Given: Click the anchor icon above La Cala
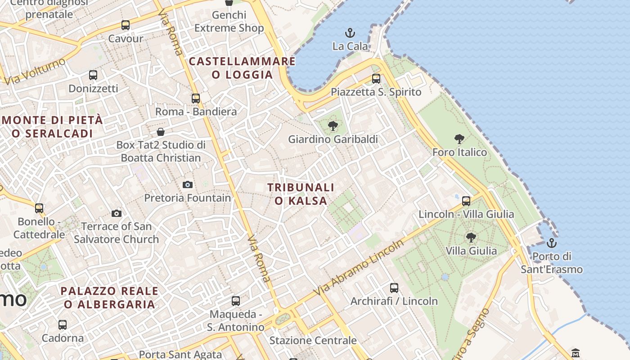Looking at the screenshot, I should click(350, 33).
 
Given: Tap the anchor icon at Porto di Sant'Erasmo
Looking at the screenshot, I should click(551, 243).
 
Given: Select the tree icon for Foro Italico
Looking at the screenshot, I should click(459, 139).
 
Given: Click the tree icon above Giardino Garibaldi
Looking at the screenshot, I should click(333, 126).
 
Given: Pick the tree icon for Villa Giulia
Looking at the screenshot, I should click(471, 237).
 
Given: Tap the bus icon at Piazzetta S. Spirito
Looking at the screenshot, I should click(376, 79).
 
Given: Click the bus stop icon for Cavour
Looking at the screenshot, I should click(126, 25).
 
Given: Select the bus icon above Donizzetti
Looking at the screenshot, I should click(93, 75).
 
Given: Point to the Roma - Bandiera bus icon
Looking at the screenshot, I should click(196, 98).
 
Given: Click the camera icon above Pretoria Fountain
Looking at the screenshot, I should click(188, 184).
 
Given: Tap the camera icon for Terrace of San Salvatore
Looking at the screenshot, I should click(117, 213).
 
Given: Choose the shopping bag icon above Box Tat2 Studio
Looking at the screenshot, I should click(161, 132).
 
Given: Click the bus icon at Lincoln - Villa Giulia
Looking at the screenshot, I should click(466, 201).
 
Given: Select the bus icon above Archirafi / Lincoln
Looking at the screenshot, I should click(394, 288).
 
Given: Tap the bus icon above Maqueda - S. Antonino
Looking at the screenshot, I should click(236, 301).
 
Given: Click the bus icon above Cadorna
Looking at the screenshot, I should click(63, 324).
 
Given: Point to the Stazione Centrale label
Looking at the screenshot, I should click(313, 340).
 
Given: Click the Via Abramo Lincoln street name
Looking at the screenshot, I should click(359, 268).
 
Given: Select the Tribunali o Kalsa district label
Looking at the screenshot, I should click(301, 194).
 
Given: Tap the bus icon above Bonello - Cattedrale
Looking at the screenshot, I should click(39, 208).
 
